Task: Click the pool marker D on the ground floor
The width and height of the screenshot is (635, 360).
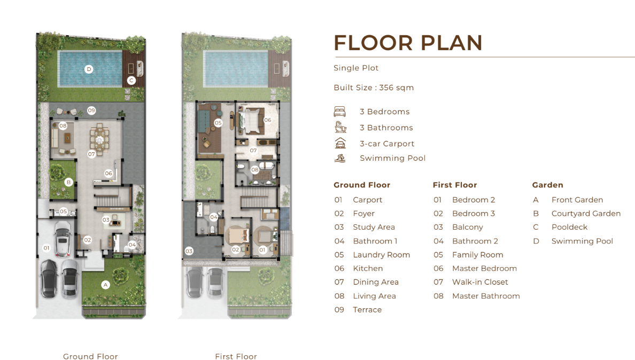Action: (x=89, y=69)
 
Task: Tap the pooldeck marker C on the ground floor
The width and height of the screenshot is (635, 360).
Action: (x=131, y=81)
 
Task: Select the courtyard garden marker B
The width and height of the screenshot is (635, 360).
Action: (x=68, y=183)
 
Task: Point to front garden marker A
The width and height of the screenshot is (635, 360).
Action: (x=105, y=285)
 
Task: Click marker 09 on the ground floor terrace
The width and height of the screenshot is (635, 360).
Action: (x=91, y=111)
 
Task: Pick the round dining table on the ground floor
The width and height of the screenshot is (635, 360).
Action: (x=99, y=140)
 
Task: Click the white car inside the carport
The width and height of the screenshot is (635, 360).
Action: (x=63, y=239)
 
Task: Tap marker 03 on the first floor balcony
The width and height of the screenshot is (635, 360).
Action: (x=189, y=251)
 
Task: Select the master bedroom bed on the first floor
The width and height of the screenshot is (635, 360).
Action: (x=251, y=120)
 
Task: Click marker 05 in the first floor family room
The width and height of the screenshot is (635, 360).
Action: (x=218, y=122)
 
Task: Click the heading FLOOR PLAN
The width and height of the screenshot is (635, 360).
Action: (x=408, y=43)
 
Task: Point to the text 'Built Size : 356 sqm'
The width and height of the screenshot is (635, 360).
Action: (x=374, y=88)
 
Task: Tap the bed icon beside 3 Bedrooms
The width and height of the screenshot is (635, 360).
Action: (x=340, y=111)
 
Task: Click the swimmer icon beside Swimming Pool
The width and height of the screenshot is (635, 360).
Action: (x=340, y=158)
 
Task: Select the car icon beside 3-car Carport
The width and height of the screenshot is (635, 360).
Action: (x=340, y=143)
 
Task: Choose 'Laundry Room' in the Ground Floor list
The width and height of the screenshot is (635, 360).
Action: (x=382, y=255)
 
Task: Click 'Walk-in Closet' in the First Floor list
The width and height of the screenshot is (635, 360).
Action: (x=480, y=282)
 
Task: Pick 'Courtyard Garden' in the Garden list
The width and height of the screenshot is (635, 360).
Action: (x=586, y=214)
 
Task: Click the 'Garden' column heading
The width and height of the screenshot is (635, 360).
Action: (x=547, y=185)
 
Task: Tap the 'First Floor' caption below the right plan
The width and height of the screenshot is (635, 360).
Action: (x=236, y=356)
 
